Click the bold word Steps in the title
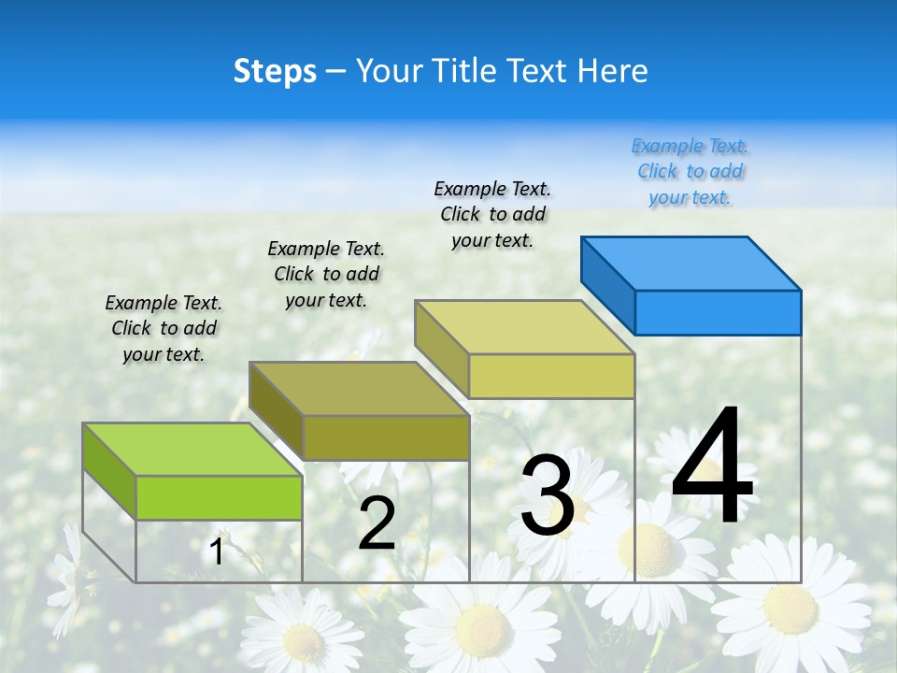(x=275, y=71)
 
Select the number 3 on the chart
(x=547, y=495)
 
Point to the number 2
(x=377, y=523)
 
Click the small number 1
(x=217, y=551)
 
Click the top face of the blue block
(x=691, y=263)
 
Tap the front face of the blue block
(x=718, y=312)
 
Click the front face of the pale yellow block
(x=551, y=377)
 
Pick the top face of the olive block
(x=359, y=389)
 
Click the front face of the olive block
(x=385, y=437)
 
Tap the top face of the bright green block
(x=192, y=450)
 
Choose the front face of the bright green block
(x=219, y=497)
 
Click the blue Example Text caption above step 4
(x=690, y=172)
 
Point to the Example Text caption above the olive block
(x=326, y=274)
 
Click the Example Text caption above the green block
(x=164, y=328)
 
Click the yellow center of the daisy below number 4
(x=651, y=545)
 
